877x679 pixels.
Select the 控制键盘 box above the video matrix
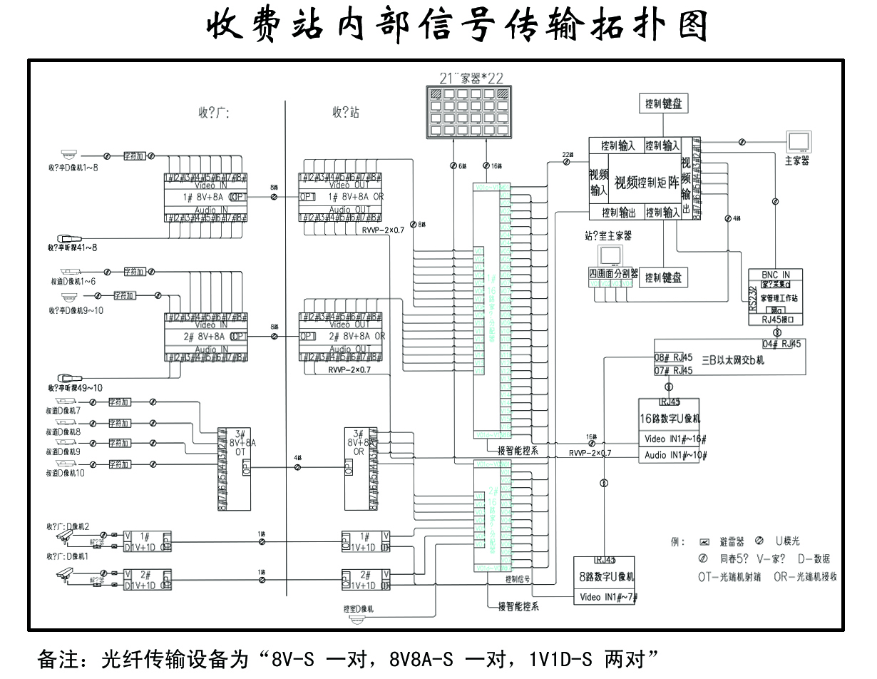(x=662, y=104)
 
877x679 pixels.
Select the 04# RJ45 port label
(x=781, y=344)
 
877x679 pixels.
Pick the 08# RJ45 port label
(x=673, y=357)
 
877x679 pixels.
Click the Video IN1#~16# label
(x=675, y=438)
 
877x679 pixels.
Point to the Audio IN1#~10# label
(x=675, y=454)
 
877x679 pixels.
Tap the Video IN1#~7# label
(x=608, y=597)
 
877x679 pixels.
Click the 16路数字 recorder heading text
(x=670, y=419)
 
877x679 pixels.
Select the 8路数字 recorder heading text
(x=606, y=576)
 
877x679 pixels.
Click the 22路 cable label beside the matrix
(x=567, y=154)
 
